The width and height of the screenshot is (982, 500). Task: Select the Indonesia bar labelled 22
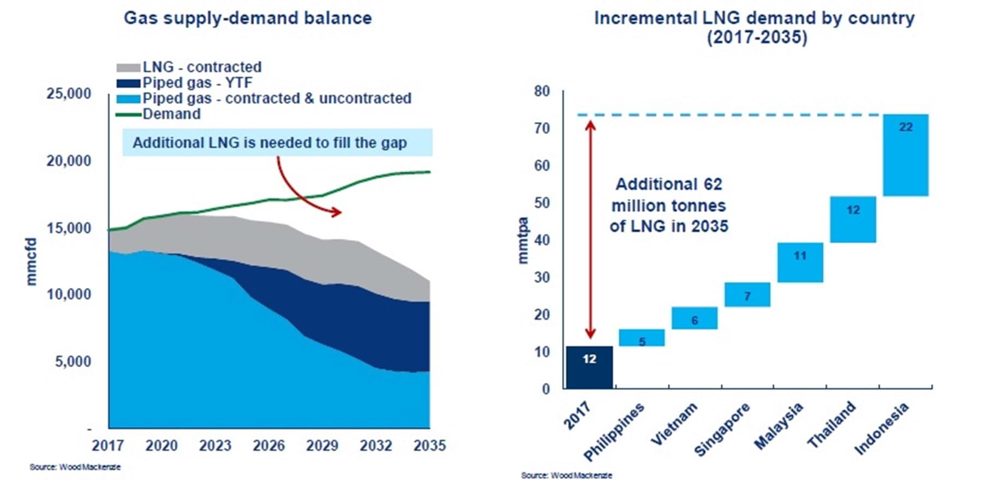905,155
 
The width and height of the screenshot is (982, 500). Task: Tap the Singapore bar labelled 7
747,294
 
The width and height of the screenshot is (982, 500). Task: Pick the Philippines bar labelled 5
642,338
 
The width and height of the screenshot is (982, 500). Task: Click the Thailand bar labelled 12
853,219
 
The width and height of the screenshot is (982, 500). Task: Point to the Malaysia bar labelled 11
800,262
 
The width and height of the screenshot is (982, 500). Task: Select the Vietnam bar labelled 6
694,318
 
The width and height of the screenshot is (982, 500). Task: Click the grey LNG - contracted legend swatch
128,68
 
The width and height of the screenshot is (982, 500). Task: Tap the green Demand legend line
128,115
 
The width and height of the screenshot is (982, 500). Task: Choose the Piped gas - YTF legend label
197,83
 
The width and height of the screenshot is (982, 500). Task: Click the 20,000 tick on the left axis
69,161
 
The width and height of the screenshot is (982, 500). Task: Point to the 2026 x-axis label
268,446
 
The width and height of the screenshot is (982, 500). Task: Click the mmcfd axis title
32,261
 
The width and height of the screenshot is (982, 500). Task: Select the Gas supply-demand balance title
248,18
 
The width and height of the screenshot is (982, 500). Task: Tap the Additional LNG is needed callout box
277,143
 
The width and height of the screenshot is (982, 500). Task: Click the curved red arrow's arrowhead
336,212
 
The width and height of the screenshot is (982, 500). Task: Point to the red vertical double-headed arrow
590,229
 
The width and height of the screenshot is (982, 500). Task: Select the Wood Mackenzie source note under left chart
75,467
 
